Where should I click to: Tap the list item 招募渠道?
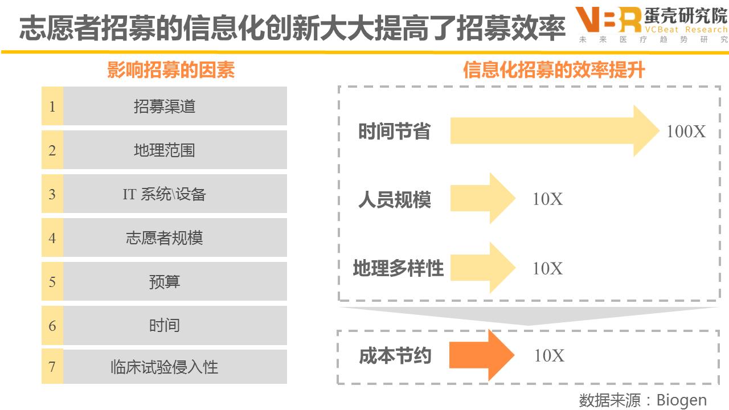click(165, 106)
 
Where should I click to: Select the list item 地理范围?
click(165, 150)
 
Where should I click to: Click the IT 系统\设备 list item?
click(165, 194)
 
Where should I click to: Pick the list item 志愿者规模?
click(165, 238)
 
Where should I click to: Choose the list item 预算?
click(165, 282)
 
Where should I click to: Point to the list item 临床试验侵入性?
click(165, 367)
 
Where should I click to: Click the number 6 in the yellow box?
click(52, 325)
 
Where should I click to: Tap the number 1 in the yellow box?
click(52, 106)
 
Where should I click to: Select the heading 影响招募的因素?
click(171, 70)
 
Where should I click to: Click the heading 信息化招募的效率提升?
click(554, 70)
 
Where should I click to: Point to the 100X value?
click(686, 132)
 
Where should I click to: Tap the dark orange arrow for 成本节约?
click(481, 355)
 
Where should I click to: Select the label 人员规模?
click(395, 200)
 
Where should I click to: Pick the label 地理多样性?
click(398, 268)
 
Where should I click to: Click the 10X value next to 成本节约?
click(549, 356)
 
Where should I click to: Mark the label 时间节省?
click(394, 132)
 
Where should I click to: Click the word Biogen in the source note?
click(681, 400)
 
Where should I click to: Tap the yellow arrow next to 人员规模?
click(481, 199)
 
